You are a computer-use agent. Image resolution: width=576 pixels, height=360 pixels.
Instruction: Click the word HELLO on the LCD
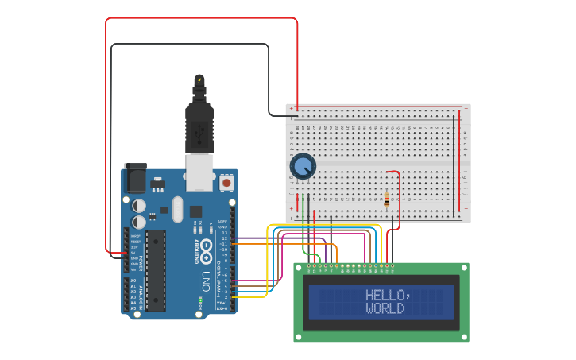pos(385,295)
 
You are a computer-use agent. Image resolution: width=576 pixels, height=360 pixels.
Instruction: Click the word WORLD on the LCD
pos(385,308)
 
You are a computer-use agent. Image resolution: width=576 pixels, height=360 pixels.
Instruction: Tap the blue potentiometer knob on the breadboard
pos(303,167)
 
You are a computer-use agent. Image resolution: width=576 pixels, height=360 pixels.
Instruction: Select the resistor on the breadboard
pos(387,199)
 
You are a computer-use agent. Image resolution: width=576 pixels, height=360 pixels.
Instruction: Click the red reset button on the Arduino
pos(226,183)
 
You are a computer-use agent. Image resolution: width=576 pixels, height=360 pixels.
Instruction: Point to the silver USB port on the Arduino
pos(199,172)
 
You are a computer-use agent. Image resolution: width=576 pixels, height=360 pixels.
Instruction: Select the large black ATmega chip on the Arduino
pos(157,270)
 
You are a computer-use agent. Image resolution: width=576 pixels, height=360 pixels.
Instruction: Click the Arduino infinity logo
pos(206,247)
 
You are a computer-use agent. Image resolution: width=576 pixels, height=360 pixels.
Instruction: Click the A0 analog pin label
pos(133,281)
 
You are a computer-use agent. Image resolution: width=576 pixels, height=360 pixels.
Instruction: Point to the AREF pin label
pos(223,221)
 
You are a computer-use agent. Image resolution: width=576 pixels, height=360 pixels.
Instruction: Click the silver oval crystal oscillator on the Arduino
pos(177,210)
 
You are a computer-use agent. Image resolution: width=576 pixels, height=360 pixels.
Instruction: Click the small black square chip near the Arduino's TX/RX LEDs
pos(195,211)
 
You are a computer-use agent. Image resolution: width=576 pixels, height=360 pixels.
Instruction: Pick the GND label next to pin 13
pos(223,227)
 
